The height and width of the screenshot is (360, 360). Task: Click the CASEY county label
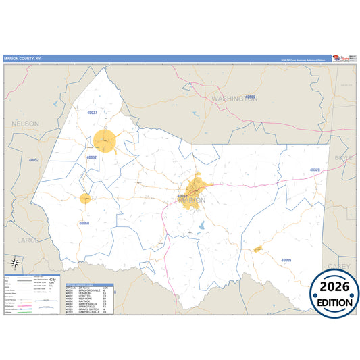coord(338,266)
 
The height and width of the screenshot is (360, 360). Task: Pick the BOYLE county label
coord(344,157)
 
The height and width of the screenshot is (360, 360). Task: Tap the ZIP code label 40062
coord(93,157)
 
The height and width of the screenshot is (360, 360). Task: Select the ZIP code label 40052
coord(34,160)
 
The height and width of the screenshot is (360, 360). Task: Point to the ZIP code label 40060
coord(84,222)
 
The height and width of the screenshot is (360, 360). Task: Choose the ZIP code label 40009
coord(286,260)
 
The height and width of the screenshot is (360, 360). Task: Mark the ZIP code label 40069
coord(251,97)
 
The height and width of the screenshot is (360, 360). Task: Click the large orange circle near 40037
coord(105,141)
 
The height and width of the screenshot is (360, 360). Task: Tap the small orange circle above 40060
coord(85,199)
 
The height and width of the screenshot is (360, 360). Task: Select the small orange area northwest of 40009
coord(258,249)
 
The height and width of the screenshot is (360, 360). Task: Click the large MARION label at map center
coord(193,201)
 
